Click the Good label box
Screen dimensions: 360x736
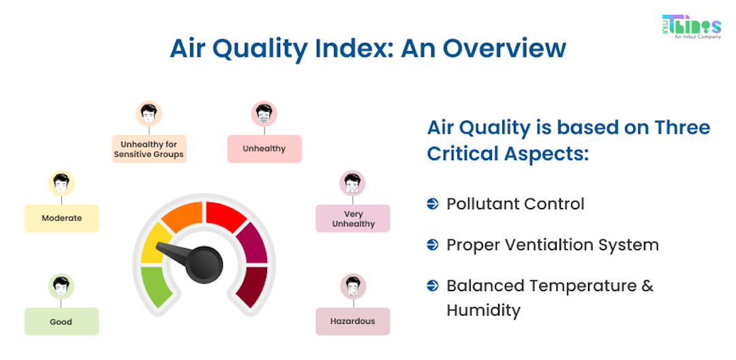(61, 322)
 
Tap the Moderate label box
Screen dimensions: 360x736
(61, 218)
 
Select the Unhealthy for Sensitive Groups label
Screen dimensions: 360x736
(149, 149)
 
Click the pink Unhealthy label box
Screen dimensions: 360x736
(264, 149)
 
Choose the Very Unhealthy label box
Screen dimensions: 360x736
(353, 219)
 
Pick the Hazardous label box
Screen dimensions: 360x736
(353, 321)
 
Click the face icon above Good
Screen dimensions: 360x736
(61, 286)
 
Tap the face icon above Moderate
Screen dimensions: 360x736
(61, 183)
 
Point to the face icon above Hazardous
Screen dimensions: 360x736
(353, 286)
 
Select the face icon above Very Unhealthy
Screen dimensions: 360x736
(353, 183)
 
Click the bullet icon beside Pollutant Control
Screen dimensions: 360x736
(432, 204)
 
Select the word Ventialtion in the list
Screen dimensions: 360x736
(552, 245)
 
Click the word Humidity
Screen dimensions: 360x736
(483, 310)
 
